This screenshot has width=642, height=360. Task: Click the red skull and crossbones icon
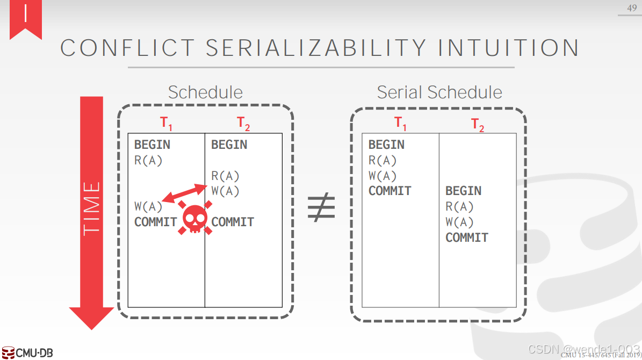(194, 218)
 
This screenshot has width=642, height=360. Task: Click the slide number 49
(631, 8)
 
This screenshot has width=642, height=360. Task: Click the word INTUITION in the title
(508, 48)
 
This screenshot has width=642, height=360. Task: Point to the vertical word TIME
(92, 208)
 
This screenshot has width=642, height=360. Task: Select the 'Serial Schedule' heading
(439, 92)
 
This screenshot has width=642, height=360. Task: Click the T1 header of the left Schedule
(167, 124)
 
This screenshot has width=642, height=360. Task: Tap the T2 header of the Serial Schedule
(478, 125)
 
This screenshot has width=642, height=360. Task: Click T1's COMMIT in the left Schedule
(155, 222)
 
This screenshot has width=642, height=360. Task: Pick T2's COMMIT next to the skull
(233, 222)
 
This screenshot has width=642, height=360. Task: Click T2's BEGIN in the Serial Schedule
(463, 191)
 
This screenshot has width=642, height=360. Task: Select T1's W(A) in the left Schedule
(148, 206)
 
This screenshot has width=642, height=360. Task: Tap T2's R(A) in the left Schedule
(225, 176)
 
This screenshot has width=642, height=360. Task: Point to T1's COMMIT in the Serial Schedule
(389, 191)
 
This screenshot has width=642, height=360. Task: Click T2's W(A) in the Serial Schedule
(459, 222)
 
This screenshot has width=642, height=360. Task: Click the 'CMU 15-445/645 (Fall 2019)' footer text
(601, 355)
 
